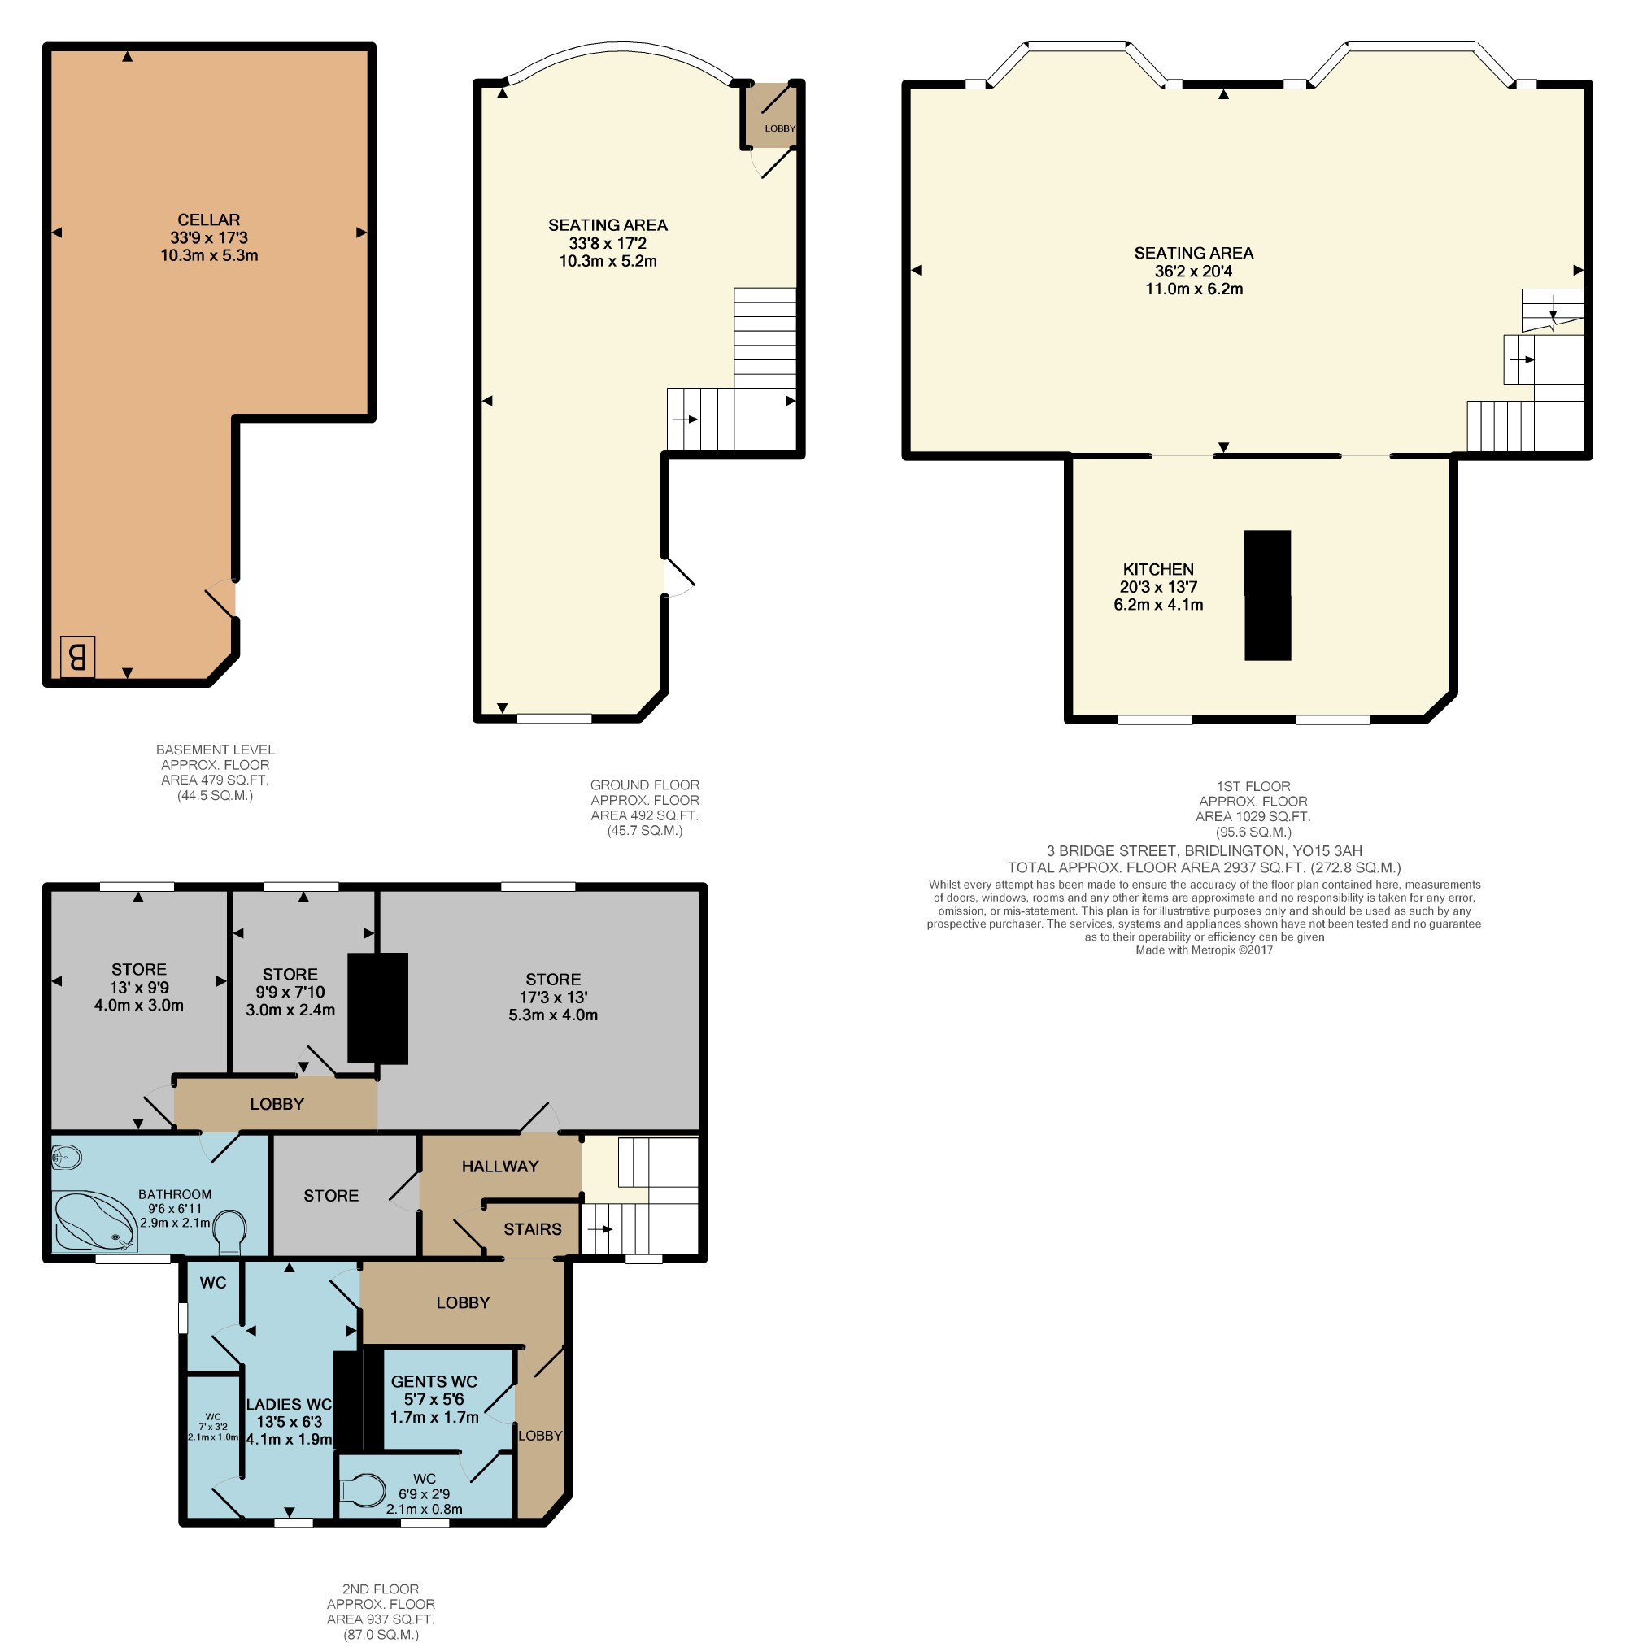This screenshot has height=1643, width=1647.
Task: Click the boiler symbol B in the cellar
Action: [x=76, y=656]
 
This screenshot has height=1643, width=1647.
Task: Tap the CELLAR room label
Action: [x=209, y=220]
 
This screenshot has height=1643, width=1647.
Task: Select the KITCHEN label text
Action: [x=1157, y=568]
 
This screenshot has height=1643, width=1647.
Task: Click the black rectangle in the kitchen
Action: [x=1267, y=595]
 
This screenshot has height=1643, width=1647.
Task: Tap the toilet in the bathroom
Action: [x=229, y=1232]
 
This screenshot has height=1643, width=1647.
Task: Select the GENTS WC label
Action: [x=434, y=1380]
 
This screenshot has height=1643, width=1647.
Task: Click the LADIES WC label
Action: [x=289, y=1403]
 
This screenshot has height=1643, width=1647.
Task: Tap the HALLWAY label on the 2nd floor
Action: [x=499, y=1166]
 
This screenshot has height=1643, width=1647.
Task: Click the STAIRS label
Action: [x=532, y=1228]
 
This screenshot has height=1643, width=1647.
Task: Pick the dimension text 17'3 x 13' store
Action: [x=552, y=996]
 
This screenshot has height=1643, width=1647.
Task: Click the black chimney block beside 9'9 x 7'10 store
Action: [x=377, y=1007]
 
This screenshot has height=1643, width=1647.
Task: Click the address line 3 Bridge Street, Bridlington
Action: [x=1204, y=850]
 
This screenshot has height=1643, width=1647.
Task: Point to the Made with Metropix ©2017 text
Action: [x=1204, y=950]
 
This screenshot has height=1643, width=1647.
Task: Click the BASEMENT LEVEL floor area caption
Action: [x=215, y=772]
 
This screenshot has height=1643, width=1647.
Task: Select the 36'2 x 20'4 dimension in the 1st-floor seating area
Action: [x=1192, y=271]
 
